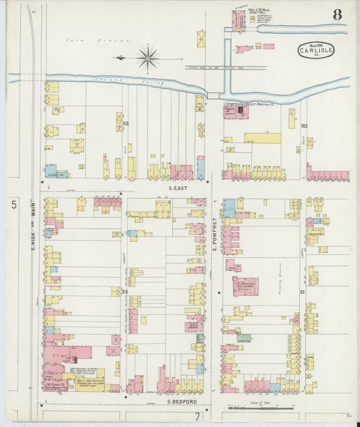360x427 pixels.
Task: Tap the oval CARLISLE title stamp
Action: (315, 51)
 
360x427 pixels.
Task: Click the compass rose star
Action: (147, 58)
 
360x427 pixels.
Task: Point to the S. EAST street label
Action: (178, 188)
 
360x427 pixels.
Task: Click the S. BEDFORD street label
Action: (178, 402)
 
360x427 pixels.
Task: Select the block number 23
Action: (125, 291)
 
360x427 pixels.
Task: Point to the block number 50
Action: (304, 126)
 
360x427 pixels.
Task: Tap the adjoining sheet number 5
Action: (14, 203)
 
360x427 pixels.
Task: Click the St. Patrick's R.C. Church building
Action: (245, 286)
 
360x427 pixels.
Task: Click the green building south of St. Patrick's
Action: (244, 337)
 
